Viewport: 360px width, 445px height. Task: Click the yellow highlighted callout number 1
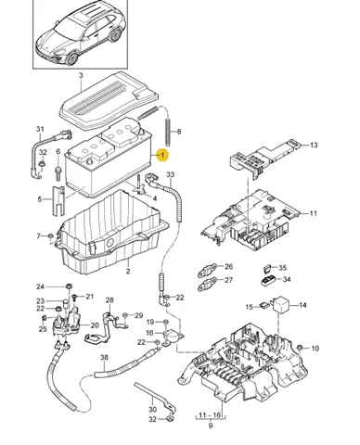tap(162, 155)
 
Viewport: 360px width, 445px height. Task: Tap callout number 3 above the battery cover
tap(81, 75)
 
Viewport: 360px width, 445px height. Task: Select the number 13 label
tap(314, 145)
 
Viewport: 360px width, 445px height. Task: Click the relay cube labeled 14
tap(280, 303)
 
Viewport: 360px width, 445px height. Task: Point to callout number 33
tap(171, 175)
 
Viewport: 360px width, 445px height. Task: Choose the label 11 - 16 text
tap(211, 414)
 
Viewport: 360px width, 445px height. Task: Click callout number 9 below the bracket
tap(211, 426)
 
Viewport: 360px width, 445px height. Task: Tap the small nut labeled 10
tap(300, 348)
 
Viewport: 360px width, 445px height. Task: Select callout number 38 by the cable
tap(104, 358)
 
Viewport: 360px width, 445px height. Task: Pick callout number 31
tap(40, 129)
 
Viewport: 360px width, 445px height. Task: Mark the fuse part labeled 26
tap(207, 271)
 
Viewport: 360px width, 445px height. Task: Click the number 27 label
tap(228, 280)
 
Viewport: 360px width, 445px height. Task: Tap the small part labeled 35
tap(267, 268)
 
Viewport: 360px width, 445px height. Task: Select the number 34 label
tap(287, 279)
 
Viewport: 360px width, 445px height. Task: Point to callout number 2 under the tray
tap(128, 272)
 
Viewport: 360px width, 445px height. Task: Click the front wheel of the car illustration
tap(72, 58)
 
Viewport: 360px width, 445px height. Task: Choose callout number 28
tap(109, 300)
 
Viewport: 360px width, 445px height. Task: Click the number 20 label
tap(95, 325)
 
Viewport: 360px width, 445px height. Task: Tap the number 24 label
tap(41, 287)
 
